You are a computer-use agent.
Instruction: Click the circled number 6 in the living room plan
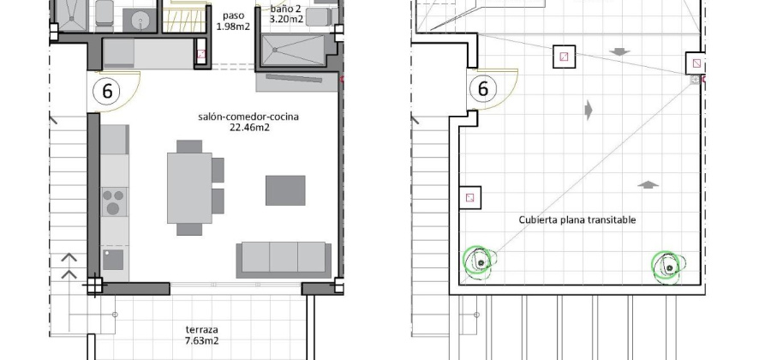[x=107, y=91]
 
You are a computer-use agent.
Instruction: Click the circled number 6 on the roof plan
[x=483, y=89]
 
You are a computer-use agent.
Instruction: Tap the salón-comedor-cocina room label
[x=248, y=117]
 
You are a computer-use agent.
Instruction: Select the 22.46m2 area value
[x=249, y=128]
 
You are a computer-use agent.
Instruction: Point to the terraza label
[x=201, y=329]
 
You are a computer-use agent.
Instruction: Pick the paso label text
[x=233, y=15]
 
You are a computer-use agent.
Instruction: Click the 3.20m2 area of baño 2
[x=286, y=20]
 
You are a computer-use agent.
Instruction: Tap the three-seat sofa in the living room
[x=284, y=260]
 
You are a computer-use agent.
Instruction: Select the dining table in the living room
[x=189, y=188]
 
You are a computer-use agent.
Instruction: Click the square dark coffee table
[x=285, y=190]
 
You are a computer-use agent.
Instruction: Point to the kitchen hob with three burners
[x=114, y=201]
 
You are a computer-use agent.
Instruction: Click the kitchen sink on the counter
[x=113, y=260]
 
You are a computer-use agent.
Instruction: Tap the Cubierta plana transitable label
[x=577, y=219]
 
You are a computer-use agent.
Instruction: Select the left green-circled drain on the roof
[x=480, y=262]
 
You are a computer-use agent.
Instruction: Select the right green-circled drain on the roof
[x=667, y=267]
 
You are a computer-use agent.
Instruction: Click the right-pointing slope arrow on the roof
[x=589, y=110]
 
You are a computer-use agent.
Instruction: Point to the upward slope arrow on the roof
[x=648, y=184]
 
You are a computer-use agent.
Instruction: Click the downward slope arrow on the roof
[x=619, y=51]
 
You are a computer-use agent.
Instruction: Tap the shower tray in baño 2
[x=293, y=50]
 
